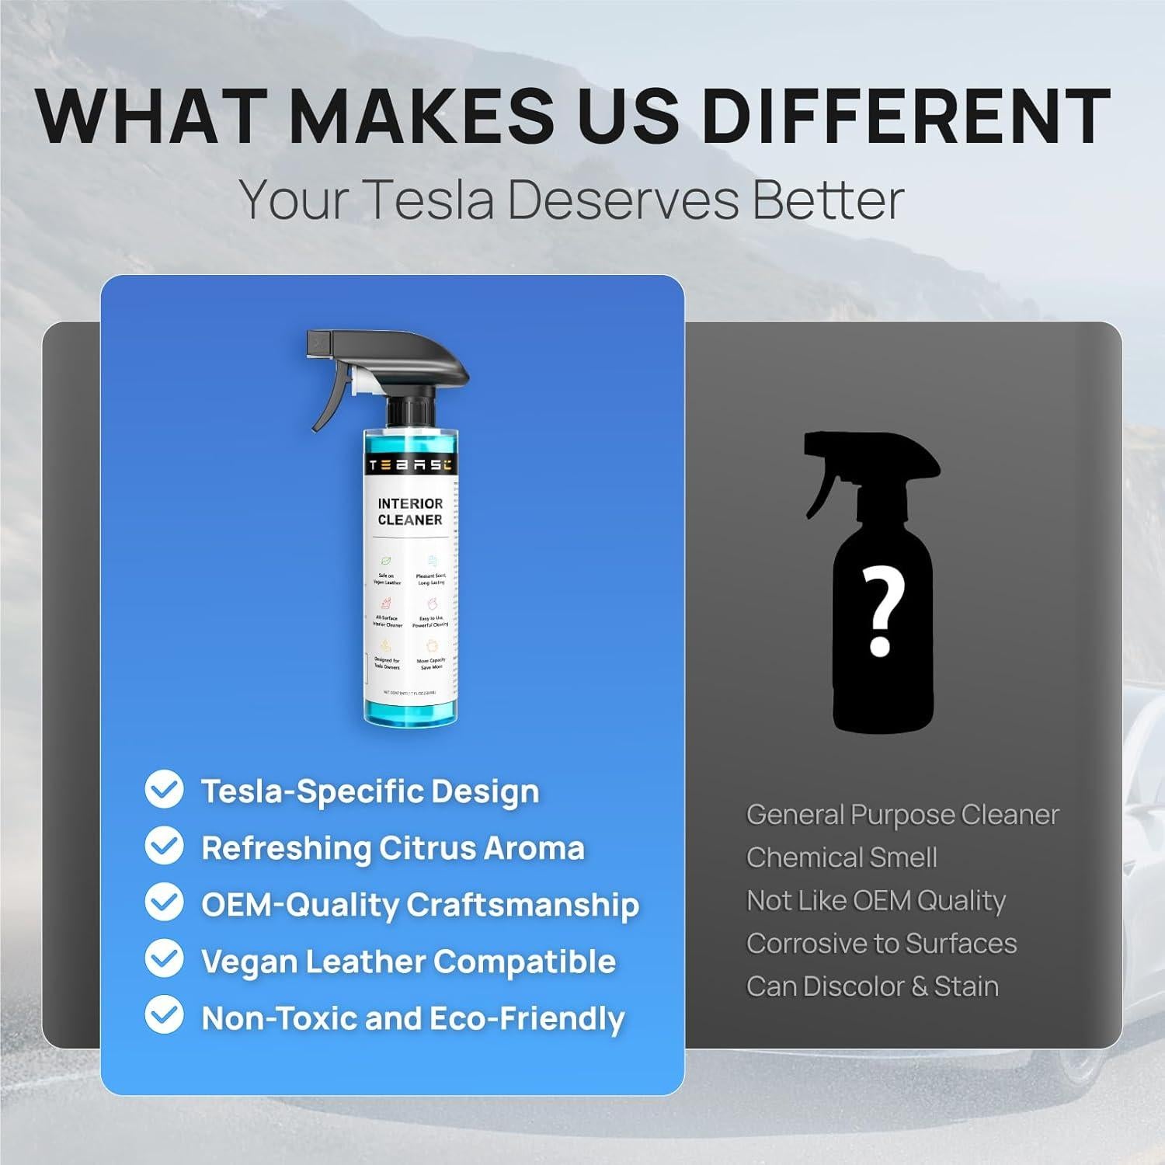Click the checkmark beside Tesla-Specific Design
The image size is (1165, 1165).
[x=164, y=790]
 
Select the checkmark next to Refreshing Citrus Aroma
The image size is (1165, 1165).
[x=164, y=847]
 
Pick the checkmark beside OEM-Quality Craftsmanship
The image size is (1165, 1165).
[x=164, y=903]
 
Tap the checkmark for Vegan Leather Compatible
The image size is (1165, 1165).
[x=164, y=960]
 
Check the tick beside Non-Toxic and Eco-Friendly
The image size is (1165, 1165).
[x=164, y=1017]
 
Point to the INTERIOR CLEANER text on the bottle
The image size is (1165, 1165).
[x=410, y=512]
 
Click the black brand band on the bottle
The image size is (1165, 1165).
[x=410, y=465]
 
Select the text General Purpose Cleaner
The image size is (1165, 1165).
[x=902, y=815]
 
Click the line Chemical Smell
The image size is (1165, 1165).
[x=841, y=857]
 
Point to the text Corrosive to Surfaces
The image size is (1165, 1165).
[x=882, y=943]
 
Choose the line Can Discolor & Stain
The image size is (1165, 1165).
[x=872, y=986]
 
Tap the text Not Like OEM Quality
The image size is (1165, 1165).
[x=876, y=900]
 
